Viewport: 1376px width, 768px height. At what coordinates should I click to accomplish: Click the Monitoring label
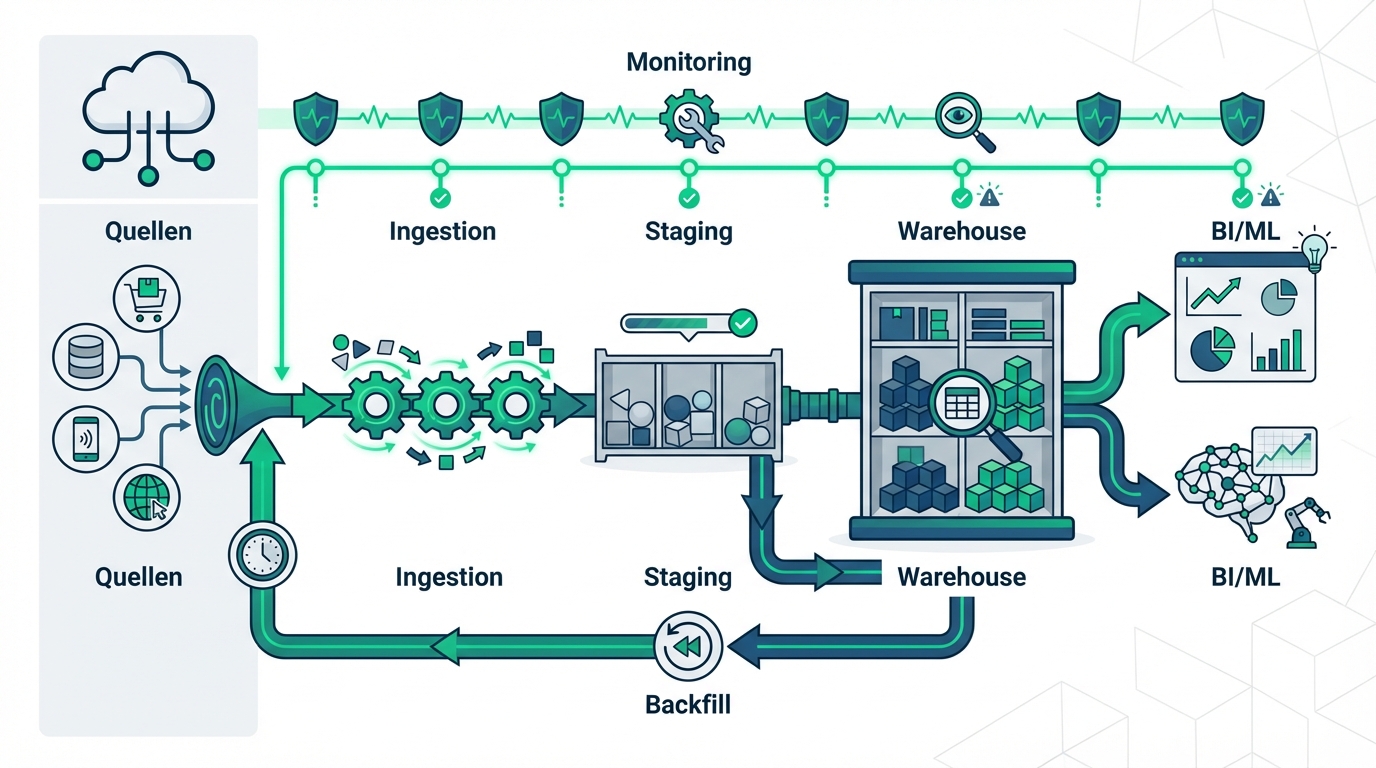(x=688, y=62)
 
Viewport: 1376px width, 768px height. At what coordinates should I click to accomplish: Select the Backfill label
(x=688, y=704)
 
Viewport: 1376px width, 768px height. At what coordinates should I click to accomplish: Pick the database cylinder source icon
(x=85, y=356)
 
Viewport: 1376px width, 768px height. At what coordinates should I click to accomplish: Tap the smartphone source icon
(x=85, y=437)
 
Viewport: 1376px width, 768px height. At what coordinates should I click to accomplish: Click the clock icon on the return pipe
(x=261, y=553)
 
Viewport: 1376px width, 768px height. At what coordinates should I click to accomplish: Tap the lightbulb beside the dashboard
(x=1314, y=250)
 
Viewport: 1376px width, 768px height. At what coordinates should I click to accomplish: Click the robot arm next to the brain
(x=1305, y=523)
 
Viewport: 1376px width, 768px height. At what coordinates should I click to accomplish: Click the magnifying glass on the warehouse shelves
(x=966, y=408)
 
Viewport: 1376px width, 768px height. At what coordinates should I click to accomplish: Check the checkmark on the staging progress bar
(x=742, y=323)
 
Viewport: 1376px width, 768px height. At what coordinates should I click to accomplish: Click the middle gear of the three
(x=441, y=404)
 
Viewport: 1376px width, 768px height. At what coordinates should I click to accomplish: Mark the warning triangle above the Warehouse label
(x=989, y=197)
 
